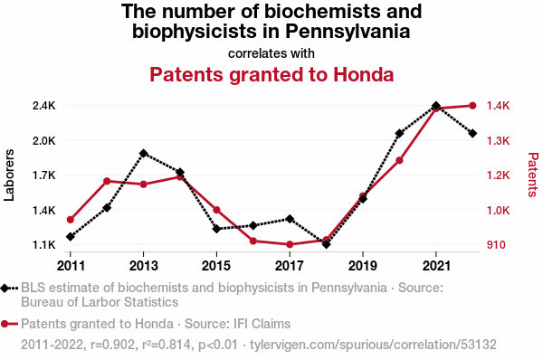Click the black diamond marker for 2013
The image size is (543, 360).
tap(143, 154)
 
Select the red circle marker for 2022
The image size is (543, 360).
tap(472, 106)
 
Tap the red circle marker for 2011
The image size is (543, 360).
tap(71, 220)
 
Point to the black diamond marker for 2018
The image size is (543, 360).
tap(326, 244)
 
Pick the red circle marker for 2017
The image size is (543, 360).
tap(290, 244)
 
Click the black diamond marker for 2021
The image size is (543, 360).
tap(436, 106)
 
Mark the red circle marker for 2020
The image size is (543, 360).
tap(399, 160)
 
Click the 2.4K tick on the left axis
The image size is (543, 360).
tap(44, 106)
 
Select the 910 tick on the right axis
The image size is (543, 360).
tap(496, 245)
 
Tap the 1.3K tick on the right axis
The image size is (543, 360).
tap(498, 140)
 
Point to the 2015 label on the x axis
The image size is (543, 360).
tap(216, 266)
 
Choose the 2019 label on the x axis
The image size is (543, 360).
tap(363, 266)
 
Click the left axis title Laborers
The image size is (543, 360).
tap(9, 175)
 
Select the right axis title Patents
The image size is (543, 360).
tap(533, 175)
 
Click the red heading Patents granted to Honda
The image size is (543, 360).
tap(271, 74)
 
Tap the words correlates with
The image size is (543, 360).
tap(271, 53)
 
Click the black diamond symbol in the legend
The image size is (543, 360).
tap(5, 288)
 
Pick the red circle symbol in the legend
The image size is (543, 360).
tap(5, 324)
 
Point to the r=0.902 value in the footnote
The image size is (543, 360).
tap(112, 345)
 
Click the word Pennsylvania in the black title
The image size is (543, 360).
tap(348, 31)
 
